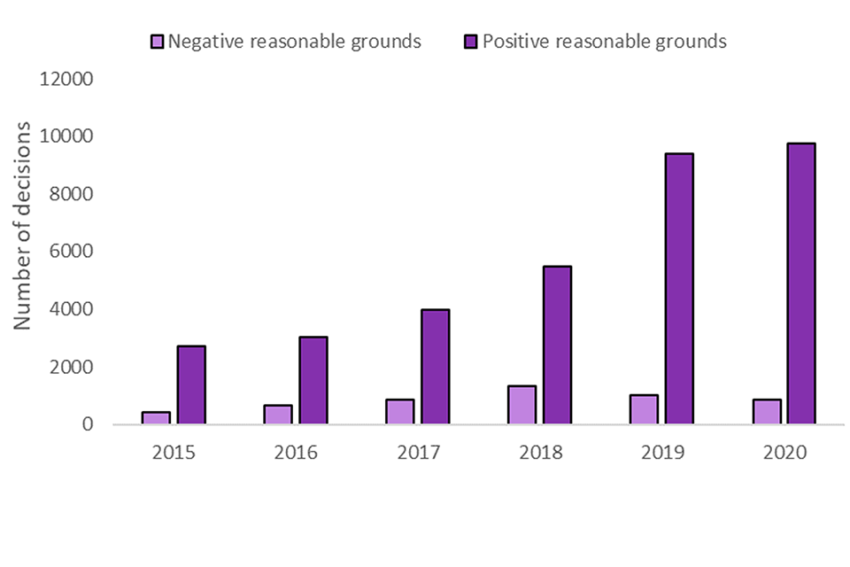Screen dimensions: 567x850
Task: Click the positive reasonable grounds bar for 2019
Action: [679, 289]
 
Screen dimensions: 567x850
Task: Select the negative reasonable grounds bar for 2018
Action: [522, 405]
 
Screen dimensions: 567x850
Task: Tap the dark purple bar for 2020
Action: [800, 283]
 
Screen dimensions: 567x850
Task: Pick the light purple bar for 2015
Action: [156, 417]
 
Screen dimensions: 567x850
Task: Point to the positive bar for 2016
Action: [313, 380]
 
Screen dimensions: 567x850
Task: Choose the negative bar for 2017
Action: [399, 412]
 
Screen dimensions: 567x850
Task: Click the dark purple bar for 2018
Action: [557, 345]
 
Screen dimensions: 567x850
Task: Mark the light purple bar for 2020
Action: [766, 412]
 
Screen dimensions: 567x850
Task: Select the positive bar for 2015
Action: [190, 384]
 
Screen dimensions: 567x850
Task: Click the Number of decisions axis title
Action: [24, 226]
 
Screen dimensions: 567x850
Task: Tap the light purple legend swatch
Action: [157, 41]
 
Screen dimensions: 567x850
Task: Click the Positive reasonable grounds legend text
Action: [604, 41]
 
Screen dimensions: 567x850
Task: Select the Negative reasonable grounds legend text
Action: [295, 41]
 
